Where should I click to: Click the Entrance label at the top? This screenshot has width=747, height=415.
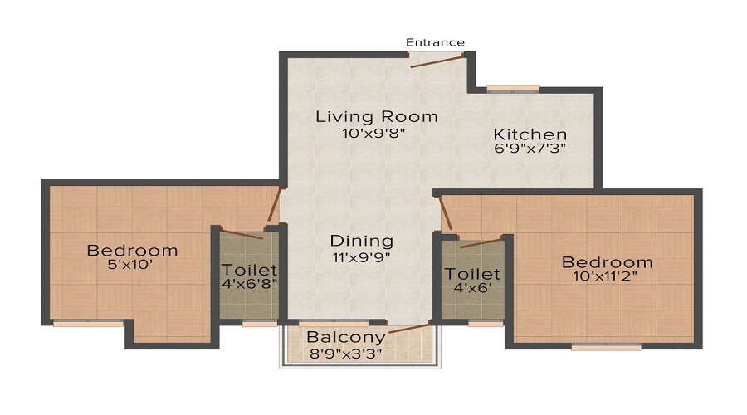435,42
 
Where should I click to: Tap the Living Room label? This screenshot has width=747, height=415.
376,116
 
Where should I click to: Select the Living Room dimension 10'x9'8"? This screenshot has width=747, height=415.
376,133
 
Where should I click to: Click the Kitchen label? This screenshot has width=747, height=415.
530,134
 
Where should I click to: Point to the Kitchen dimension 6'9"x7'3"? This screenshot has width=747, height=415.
530,149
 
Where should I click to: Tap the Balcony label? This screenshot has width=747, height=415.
346,337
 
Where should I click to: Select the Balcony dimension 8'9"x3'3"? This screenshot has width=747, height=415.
346,353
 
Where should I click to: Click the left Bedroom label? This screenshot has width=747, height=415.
133,250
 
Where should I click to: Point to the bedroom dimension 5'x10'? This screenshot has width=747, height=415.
133,266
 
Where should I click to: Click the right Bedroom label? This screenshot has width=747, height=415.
608,262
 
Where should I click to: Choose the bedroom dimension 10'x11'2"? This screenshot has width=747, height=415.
608,278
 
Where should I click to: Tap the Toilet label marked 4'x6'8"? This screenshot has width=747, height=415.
249,271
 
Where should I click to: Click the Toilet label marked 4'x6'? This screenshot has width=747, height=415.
471,274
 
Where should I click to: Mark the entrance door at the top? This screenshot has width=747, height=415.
436,60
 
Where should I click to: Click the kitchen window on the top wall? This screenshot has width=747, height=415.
512,88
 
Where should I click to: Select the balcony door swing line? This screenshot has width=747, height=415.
410,329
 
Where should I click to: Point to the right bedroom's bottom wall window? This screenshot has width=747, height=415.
606,347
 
